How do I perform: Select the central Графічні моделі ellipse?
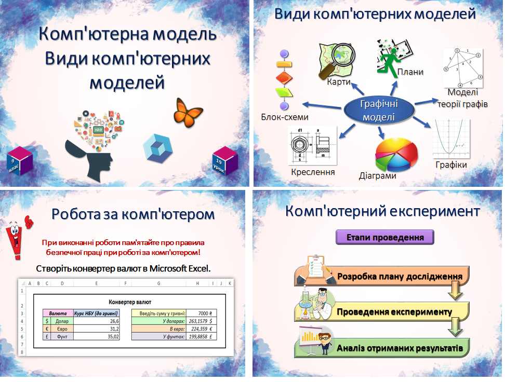pos(378,110)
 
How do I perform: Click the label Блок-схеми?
pos(285,117)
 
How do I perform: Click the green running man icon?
pos(389,60)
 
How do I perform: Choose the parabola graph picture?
pos(451,138)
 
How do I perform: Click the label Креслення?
pos(313,172)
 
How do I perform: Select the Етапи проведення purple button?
pos(384,238)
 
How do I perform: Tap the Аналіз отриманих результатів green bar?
pos(399,348)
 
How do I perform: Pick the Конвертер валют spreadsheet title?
pos(129,302)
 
